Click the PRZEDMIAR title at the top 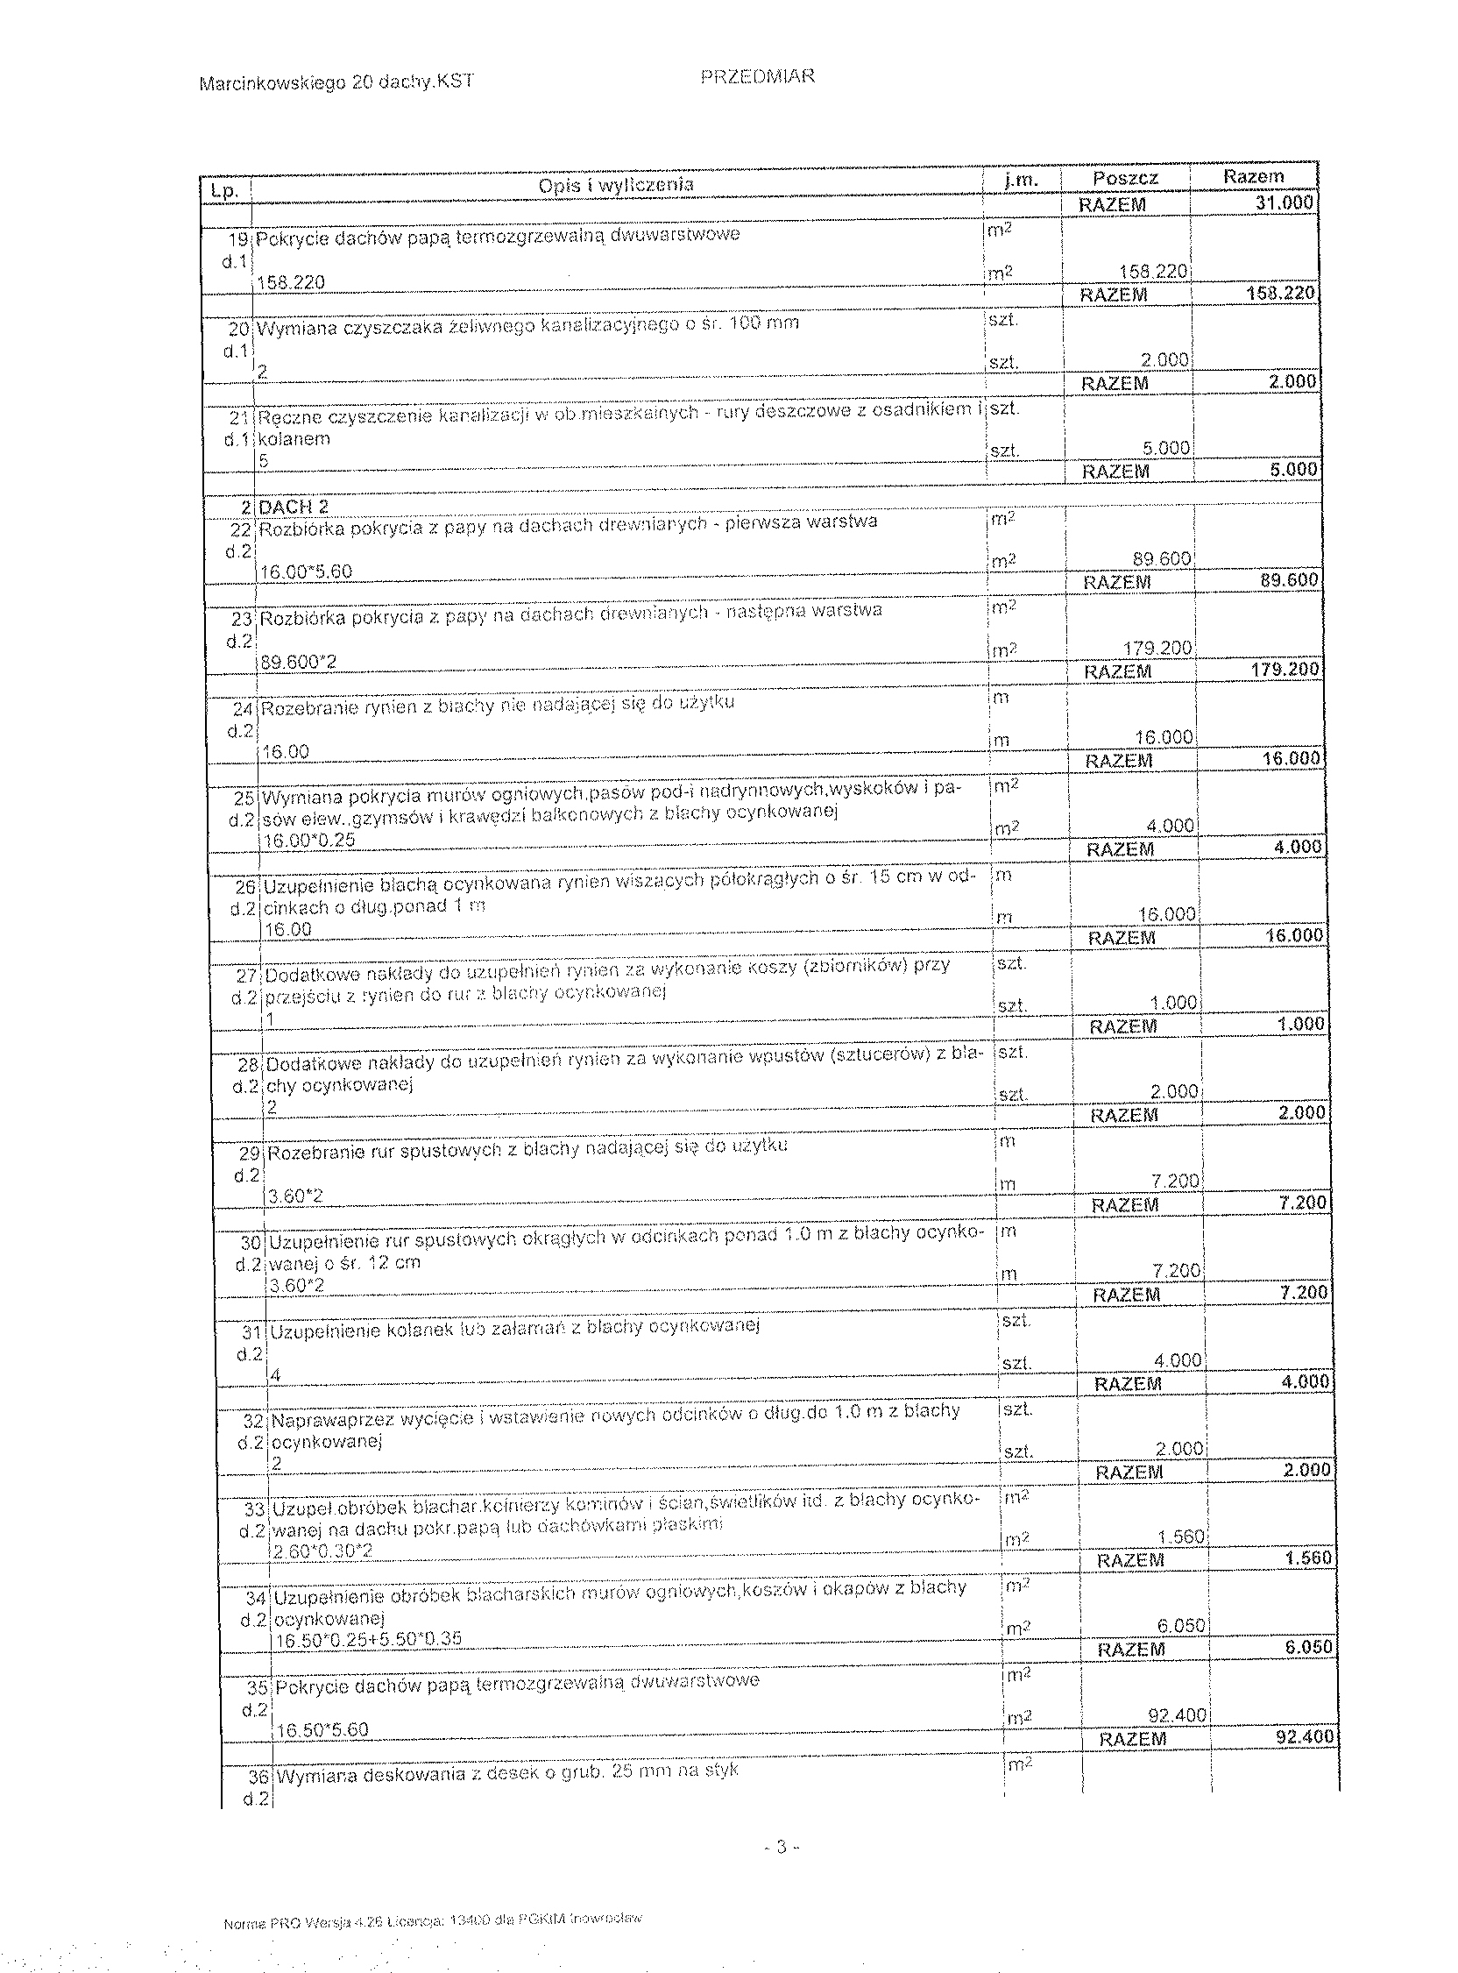click(x=757, y=77)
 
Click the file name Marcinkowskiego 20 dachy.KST click(x=336, y=82)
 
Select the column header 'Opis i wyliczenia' click(x=616, y=184)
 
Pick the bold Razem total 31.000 click(x=1285, y=203)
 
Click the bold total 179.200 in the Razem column click(x=1286, y=669)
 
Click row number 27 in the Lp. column click(x=245, y=976)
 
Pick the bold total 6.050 click(x=1306, y=1647)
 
